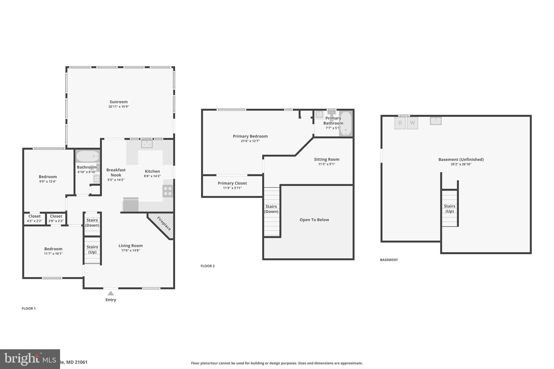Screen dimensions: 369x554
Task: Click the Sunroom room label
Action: tap(118, 102)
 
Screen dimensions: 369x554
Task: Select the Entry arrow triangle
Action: tap(111, 293)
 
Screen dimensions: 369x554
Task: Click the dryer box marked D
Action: tap(400, 123)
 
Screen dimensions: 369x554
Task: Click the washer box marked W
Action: tap(412, 123)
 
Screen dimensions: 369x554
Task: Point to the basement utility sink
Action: tap(436, 121)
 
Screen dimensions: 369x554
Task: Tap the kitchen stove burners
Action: tap(168, 191)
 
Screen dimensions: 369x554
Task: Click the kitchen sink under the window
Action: tap(147, 144)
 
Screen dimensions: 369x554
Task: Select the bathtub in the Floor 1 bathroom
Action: tap(88, 156)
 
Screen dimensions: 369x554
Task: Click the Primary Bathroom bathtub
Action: tap(345, 124)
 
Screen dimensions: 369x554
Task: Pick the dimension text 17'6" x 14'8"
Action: tap(130, 251)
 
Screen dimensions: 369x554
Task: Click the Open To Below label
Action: tap(314, 220)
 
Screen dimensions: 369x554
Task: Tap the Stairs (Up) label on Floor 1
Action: tap(92, 250)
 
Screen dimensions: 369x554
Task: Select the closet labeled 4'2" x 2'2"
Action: tap(34, 218)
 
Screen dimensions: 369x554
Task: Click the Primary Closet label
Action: tap(232, 183)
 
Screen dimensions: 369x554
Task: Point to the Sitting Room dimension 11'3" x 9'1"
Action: tap(327, 164)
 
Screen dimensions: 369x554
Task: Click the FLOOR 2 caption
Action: tap(207, 266)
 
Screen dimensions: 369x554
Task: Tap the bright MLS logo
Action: tap(30, 359)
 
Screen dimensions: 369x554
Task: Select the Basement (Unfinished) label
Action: tap(461, 159)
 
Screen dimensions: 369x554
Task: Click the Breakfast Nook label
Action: tap(116, 172)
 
